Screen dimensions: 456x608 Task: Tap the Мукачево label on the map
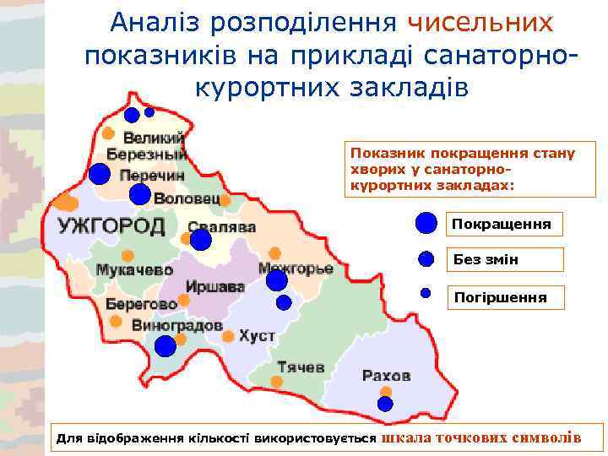pyautogui.click(x=134, y=270)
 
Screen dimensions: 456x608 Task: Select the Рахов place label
pyautogui.click(x=386, y=375)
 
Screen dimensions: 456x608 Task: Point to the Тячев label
pyautogui.click(x=301, y=367)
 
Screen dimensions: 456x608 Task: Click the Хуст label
pyautogui.click(x=257, y=336)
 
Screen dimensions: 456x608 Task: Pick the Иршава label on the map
pyautogui.click(x=214, y=287)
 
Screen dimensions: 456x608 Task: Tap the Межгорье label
pyautogui.click(x=296, y=269)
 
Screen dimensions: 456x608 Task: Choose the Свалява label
pyautogui.click(x=222, y=227)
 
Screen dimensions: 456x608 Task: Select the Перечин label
pyautogui.click(x=152, y=175)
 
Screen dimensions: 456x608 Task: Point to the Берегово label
pyautogui.click(x=141, y=304)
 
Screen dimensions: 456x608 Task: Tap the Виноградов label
pyautogui.click(x=176, y=325)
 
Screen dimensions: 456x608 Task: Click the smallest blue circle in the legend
pyautogui.click(x=426, y=294)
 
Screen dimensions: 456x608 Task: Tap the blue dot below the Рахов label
pyautogui.click(x=385, y=404)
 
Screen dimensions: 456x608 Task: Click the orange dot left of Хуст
pyautogui.click(x=228, y=336)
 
